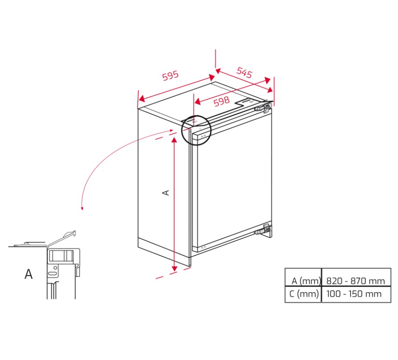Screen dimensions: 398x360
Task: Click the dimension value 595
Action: click(x=171, y=75)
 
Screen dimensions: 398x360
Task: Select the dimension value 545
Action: click(x=244, y=72)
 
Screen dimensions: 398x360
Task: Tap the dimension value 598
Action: click(x=221, y=101)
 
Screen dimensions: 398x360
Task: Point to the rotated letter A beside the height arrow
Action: click(x=166, y=193)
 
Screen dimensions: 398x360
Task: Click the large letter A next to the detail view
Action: click(x=28, y=274)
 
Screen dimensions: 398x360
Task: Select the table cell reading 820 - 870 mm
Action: click(x=355, y=281)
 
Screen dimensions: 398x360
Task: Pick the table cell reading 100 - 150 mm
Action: click(x=354, y=294)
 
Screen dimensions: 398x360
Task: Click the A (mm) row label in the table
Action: click(x=306, y=281)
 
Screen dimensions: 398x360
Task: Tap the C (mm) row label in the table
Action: click(x=304, y=294)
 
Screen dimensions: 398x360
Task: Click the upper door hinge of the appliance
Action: click(x=264, y=108)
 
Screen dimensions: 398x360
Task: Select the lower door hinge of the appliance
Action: click(x=264, y=229)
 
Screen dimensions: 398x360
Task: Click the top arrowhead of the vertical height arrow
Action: click(x=174, y=140)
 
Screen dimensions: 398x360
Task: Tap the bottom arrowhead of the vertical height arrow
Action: click(x=174, y=268)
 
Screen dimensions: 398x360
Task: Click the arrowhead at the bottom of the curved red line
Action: click(x=82, y=209)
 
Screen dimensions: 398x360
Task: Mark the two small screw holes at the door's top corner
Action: click(x=203, y=136)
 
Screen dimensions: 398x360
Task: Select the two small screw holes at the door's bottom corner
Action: click(x=203, y=247)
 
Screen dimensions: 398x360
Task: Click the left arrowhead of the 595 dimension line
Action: click(x=142, y=99)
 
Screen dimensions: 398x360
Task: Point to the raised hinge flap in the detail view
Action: click(x=62, y=238)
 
